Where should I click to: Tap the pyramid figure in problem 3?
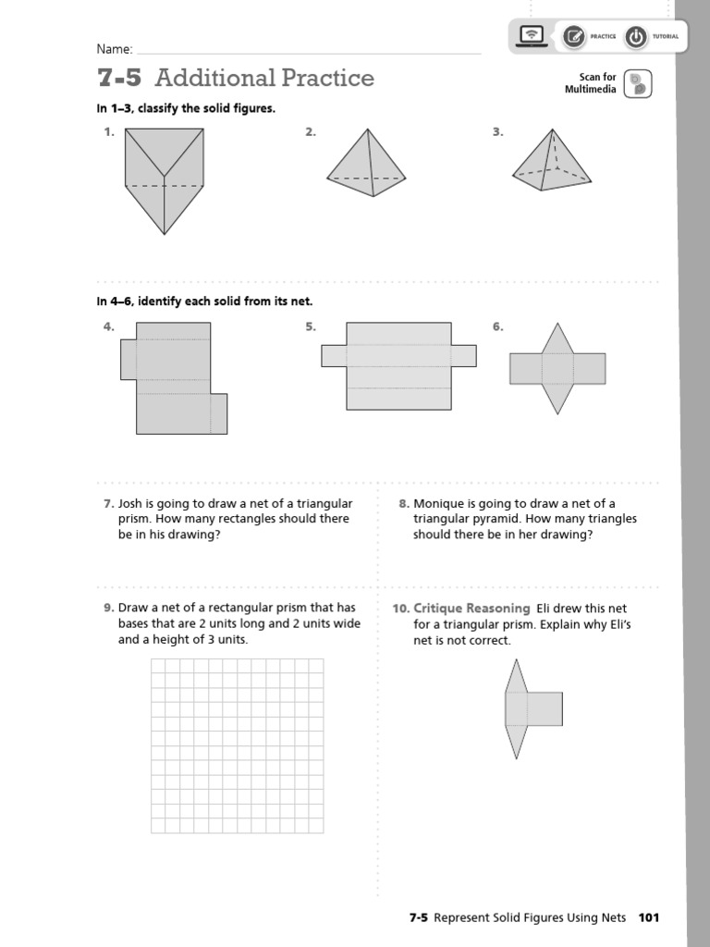point(552,163)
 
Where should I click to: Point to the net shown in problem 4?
point(173,379)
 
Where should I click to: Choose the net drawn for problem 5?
point(398,366)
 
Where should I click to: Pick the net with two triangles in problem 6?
point(557,368)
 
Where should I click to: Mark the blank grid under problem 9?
point(238,745)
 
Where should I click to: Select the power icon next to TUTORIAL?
point(636,37)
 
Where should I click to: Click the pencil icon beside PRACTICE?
point(573,37)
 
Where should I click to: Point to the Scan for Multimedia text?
point(591,83)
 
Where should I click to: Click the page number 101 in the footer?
point(648,917)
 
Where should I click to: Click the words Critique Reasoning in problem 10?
point(471,608)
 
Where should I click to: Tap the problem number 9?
point(108,608)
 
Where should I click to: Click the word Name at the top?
point(115,49)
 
